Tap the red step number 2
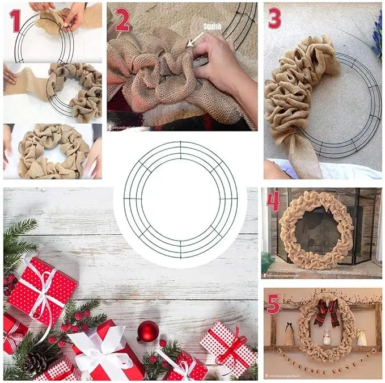pyautogui.click(x=122, y=20)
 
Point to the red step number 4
pyautogui.click(x=273, y=201)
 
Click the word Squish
pyautogui.click(x=213, y=26)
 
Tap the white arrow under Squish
pyautogui.click(x=194, y=39)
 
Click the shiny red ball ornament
pyautogui.click(x=147, y=331)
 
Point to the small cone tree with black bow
pyautogui.click(x=289, y=337)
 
